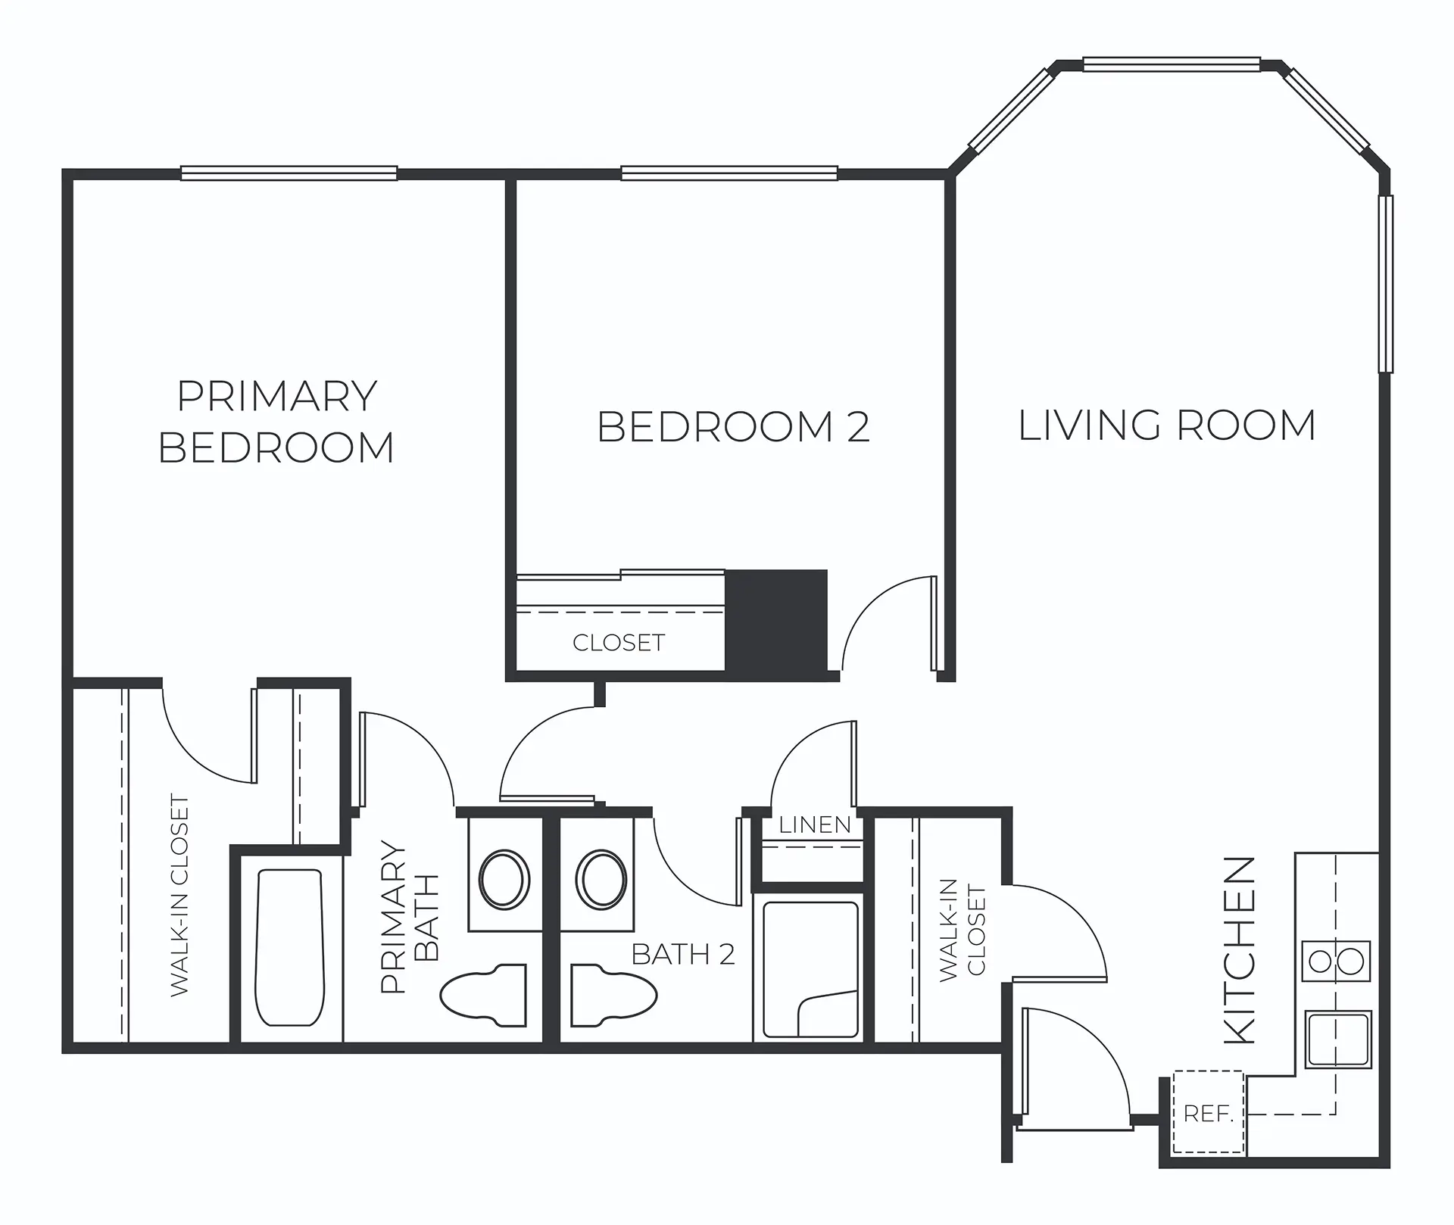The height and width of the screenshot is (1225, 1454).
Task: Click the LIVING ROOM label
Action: [x=1166, y=425]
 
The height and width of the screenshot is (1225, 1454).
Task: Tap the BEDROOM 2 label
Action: [x=733, y=426]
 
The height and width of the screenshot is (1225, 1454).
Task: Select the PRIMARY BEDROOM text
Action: [x=276, y=422]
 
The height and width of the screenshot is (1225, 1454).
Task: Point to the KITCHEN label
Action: [x=1240, y=951]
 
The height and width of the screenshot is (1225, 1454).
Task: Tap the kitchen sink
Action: [x=1338, y=1040]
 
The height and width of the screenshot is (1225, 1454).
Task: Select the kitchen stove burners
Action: [x=1337, y=962]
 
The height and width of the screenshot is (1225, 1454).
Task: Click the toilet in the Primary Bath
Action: [x=484, y=995]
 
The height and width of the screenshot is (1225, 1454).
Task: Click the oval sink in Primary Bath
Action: [x=504, y=880]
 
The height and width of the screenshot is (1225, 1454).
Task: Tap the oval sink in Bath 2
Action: [x=601, y=880]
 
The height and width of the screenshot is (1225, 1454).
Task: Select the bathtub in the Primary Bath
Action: [x=291, y=947]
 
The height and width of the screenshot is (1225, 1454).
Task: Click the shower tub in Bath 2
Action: [x=810, y=969]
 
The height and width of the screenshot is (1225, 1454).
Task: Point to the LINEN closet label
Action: [x=815, y=824]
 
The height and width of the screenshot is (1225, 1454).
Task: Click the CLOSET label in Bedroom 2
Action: [x=619, y=643]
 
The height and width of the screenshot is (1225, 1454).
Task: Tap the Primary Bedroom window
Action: [x=289, y=173]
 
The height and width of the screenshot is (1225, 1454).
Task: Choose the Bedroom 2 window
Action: [x=729, y=173]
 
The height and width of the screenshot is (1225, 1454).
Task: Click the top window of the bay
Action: [x=1172, y=64]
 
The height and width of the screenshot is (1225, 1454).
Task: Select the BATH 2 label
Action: [x=683, y=955]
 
